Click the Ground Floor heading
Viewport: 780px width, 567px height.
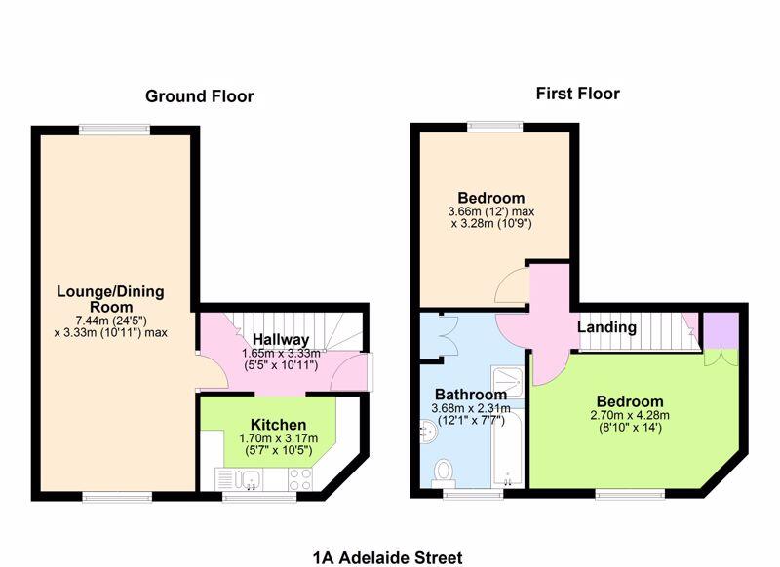point(200,96)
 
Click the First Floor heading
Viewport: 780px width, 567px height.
point(577,94)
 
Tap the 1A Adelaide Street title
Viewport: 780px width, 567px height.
point(387,557)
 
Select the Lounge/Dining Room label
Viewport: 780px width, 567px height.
point(110,299)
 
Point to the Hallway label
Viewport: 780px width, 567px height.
point(281,339)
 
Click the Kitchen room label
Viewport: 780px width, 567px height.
point(278,425)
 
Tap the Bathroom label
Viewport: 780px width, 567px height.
point(471,395)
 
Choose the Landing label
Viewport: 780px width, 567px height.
point(606,327)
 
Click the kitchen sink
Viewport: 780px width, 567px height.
point(248,479)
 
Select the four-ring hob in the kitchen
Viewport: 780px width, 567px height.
point(300,479)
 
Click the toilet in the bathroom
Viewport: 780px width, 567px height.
point(443,473)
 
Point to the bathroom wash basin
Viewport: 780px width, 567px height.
point(428,432)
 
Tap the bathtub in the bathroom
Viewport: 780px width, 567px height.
point(507,448)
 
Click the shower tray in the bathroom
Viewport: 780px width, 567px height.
point(507,382)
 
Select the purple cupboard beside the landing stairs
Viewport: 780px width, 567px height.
point(721,331)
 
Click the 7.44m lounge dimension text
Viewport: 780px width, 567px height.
point(110,320)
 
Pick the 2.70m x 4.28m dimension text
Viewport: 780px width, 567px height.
point(630,415)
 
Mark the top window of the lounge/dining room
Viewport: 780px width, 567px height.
point(114,130)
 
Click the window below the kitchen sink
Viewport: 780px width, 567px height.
point(259,497)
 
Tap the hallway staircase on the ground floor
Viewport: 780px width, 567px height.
point(298,331)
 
